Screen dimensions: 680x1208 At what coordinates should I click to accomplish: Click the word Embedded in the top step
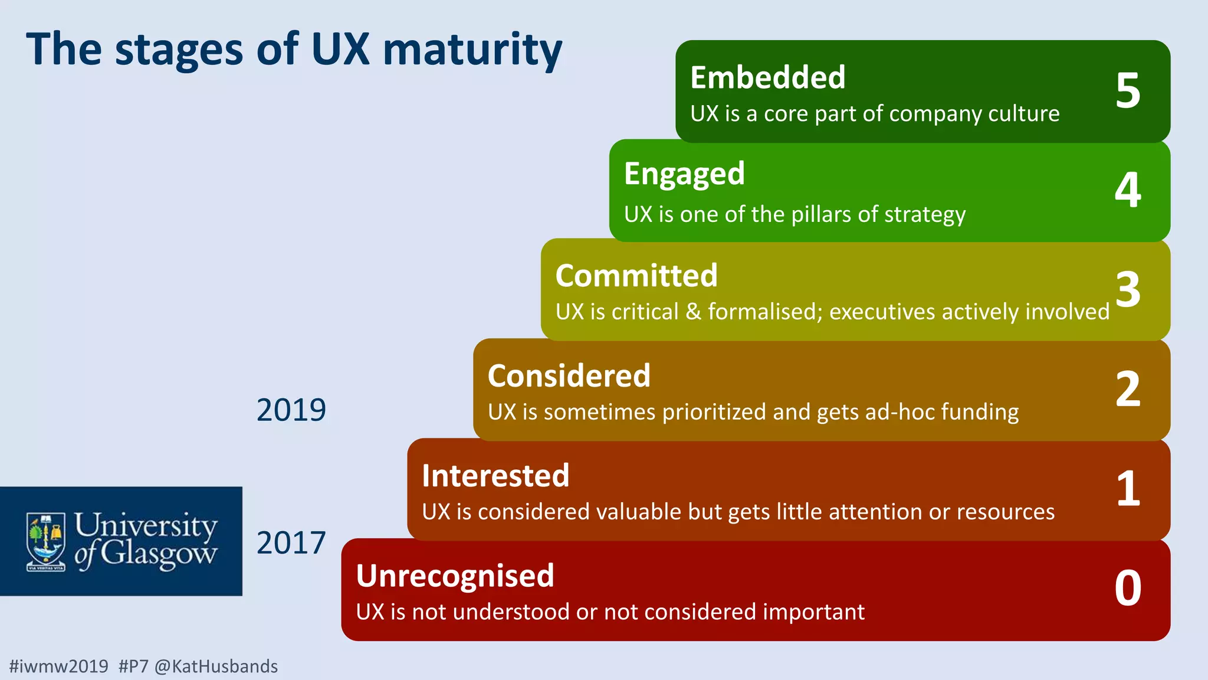pyautogui.click(x=767, y=78)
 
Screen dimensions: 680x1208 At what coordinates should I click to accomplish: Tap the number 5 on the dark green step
pyautogui.click(x=1128, y=91)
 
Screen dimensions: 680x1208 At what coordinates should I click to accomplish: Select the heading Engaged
pyautogui.click(x=684, y=174)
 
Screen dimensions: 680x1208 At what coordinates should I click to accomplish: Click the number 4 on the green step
pyautogui.click(x=1128, y=190)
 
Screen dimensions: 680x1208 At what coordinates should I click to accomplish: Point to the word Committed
pyautogui.click(x=636, y=276)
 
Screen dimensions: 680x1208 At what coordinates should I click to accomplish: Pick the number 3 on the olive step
pyautogui.click(x=1128, y=289)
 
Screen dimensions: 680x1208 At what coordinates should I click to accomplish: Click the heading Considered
pyautogui.click(x=569, y=376)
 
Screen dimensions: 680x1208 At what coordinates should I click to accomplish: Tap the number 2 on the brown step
pyautogui.click(x=1128, y=389)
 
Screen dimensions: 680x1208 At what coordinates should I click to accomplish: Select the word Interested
pyautogui.click(x=495, y=476)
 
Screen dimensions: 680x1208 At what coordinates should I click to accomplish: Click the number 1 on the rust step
pyautogui.click(x=1128, y=489)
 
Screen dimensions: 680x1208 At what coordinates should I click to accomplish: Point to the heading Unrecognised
pyautogui.click(x=455, y=576)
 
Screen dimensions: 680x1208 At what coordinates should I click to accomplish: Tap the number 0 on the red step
pyautogui.click(x=1128, y=588)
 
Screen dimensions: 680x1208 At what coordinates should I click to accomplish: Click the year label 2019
pyautogui.click(x=291, y=410)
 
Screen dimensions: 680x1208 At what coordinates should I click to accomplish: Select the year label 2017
pyautogui.click(x=291, y=543)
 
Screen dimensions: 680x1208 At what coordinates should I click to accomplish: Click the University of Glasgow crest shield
pyautogui.click(x=46, y=540)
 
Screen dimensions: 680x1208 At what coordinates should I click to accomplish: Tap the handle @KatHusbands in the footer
pyautogui.click(x=216, y=666)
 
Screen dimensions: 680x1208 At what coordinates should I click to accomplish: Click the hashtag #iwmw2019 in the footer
pyautogui.click(x=59, y=666)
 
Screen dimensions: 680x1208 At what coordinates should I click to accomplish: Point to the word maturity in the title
pyautogui.click(x=472, y=50)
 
